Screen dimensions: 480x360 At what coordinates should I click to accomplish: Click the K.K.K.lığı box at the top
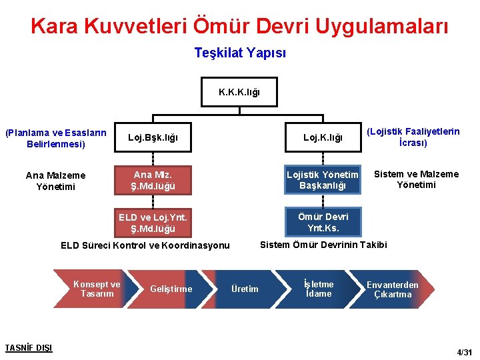(239, 93)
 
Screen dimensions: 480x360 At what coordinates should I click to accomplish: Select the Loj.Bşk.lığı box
(153, 138)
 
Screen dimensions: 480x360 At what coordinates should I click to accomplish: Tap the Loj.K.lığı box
(323, 138)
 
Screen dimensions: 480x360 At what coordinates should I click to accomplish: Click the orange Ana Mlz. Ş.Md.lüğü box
(153, 181)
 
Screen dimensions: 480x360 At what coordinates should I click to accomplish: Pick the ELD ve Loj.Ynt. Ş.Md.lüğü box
(153, 223)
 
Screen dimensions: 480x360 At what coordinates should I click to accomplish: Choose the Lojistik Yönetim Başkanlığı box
(323, 180)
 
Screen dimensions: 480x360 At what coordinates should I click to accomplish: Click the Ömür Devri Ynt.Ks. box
(323, 222)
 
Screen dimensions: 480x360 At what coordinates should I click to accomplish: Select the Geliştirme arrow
(171, 289)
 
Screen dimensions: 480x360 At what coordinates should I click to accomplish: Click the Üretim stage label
(245, 289)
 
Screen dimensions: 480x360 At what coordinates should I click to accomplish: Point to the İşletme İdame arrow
(318, 289)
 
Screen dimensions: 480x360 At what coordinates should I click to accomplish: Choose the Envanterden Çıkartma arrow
(393, 289)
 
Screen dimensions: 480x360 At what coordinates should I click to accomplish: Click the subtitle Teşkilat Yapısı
(240, 52)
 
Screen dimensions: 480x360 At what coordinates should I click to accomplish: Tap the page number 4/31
(463, 351)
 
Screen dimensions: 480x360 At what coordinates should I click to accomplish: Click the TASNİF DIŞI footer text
(28, 347)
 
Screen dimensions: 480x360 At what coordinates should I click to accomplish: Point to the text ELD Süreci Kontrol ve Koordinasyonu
(145, 245)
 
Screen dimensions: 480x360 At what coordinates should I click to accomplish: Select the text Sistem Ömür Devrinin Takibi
(323, 245)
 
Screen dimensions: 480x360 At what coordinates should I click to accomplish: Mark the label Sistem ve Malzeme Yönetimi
(416, 179)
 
